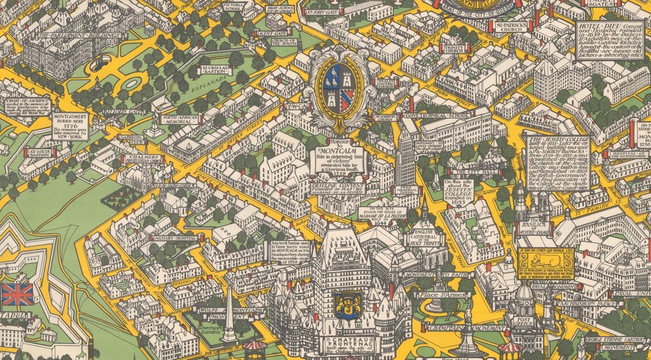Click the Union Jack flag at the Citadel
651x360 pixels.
pos(17,294)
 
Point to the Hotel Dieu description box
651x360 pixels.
pos(607,39)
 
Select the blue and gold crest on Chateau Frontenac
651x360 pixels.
pos(344,303)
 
